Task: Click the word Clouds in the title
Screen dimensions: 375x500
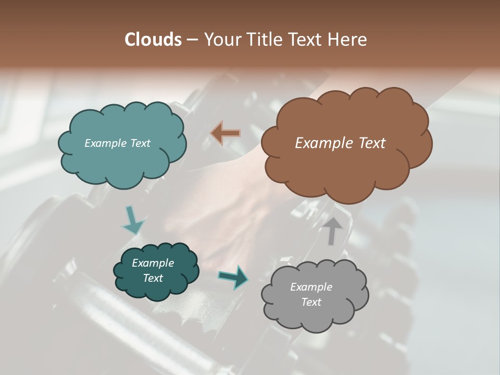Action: tap(153, 40)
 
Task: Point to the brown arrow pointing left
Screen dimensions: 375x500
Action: tap(226, 133)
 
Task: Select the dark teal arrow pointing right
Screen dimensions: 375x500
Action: tap(233, 277)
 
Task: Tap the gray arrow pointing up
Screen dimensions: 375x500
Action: tap(333, 231)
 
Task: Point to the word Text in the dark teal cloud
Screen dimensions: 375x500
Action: tap(153, 278)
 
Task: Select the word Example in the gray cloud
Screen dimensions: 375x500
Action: tap(311, 287)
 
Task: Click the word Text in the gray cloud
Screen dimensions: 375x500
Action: tap(311, 302)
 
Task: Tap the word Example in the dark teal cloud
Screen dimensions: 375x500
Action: tap(153, 263)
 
